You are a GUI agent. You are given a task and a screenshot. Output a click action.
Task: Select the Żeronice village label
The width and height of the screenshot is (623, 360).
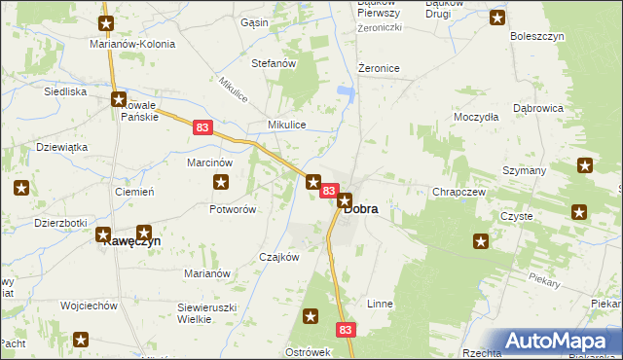(380, 68)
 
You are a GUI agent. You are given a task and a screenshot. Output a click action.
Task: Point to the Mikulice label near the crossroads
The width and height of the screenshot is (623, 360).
(288, 126)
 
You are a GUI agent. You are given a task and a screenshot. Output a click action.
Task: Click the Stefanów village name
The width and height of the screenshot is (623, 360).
(274, 63)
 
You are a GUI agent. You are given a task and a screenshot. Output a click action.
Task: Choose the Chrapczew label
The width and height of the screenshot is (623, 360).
(459, 192)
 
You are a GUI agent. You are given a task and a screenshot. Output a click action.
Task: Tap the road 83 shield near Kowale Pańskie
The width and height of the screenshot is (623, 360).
(202, 126)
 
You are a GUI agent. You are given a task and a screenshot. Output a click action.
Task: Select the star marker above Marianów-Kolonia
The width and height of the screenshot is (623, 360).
(107, 22)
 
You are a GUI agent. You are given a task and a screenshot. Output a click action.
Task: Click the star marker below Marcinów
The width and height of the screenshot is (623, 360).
(221, 182)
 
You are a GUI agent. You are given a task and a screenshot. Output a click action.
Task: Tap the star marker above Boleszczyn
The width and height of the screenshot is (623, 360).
(497, 18)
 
